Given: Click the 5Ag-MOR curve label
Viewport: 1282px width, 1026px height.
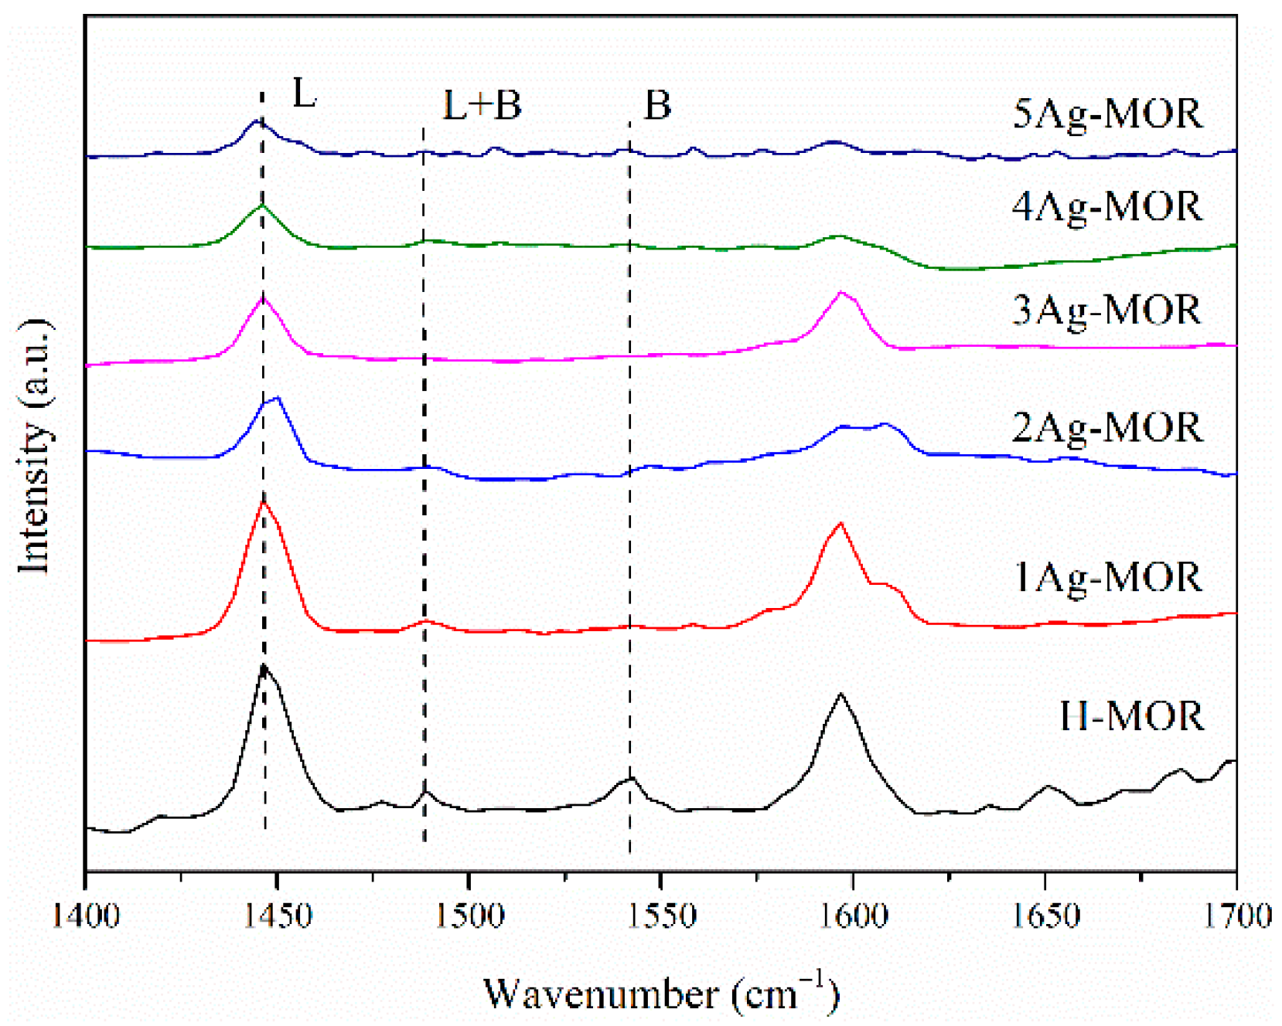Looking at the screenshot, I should pyautogui.click(x=1107, y=114).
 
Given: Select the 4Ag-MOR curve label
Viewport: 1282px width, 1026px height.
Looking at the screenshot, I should pyautogui.click(x=1107, y=207).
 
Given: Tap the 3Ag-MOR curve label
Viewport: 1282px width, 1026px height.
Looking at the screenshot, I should pyautogui.click(x=1106, y=311).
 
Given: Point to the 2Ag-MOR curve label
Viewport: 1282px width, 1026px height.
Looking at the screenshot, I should pyautogui.click(x=1107, y=428).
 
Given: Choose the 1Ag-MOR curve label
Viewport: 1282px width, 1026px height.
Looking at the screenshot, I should pyautogui.click(x=1107, y=578).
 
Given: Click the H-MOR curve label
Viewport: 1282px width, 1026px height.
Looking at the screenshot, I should pyautogui.click(x=1131, y=716).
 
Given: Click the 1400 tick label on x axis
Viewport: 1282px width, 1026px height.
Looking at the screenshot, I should pyautogui.click(x=86, y=916).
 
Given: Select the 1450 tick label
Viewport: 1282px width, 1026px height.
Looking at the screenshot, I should pyautogui.click(x=277, y=916).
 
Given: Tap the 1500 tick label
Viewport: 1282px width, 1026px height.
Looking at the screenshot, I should pyautogui.click(x=469, y=916).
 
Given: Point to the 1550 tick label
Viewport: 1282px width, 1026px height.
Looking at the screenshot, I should pyautogui.click(x=660, y=916).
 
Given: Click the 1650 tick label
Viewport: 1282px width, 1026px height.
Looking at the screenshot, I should pyautogui.click(x=1045, y=916).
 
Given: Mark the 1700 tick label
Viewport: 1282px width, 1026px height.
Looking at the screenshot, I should pyautogui.click(x=1237, y=916).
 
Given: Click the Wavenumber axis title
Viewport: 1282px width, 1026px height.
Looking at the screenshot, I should pyautogui.click(x=660, y=994).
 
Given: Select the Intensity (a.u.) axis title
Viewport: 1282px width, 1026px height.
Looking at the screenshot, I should pyautogui.click(x=35, y=447).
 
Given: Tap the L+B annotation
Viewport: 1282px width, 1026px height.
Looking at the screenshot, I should pyautogui.click(x=482, y=105).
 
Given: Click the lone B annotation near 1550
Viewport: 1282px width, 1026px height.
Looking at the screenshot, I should pyautogui.click(x=657, y=105).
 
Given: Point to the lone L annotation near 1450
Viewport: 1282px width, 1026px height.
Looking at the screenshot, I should pyautogui.click(x=304, y=94).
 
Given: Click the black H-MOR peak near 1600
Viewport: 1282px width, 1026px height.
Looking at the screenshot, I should pyautogui.click(x=840, y=695).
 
